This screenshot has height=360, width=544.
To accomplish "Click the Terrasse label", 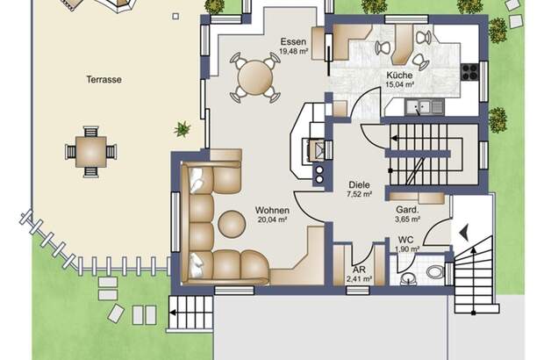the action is tap(104, 80).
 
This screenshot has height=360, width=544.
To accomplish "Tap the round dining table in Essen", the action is tap(255, 77).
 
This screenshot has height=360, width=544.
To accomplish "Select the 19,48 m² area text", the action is tap(294, 52).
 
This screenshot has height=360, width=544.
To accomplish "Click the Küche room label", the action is tap(400, 75).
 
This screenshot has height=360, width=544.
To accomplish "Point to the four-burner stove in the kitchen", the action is tap(469, 72).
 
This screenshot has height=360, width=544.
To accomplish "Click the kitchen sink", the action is tap(425, 107).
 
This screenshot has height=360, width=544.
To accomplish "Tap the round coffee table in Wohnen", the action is tap(232, 224).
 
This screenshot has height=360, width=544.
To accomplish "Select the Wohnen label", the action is tap(272, 211).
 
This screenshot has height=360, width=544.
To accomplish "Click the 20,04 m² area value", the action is tap(272, 220).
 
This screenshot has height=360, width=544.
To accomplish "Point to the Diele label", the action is tap(359, 185).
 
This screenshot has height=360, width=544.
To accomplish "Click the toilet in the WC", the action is tap(434, 272).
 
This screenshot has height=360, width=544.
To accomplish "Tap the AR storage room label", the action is tap(359, 270).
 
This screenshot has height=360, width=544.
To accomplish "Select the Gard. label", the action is tap(407, 210).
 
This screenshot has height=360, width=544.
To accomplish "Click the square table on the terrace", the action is tap(91, 152).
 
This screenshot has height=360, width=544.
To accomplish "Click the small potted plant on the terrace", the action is tap(183, 129).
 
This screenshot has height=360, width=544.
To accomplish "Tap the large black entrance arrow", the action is tap(464, 233).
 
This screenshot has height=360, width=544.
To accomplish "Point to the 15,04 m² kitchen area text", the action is tap(400, 84).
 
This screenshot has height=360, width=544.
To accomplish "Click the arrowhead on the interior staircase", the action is tap(394, 138).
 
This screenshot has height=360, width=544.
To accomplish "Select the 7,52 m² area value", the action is tap(360, 194).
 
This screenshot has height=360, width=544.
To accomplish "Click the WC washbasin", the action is tap(409, 278).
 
